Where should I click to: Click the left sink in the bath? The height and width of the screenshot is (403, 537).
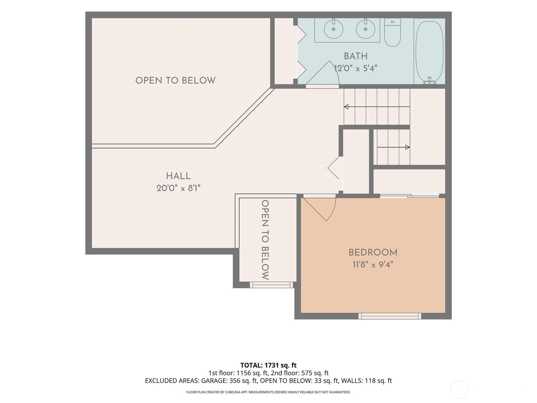[x=334, y=29]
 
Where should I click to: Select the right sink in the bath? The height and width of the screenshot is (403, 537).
[x=365, y=29]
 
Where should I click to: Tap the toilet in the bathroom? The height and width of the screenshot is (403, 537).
[x=392, y=32]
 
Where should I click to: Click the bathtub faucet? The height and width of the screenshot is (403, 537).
[x=429, y=81]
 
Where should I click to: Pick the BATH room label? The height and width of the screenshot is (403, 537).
[x=356, y=56]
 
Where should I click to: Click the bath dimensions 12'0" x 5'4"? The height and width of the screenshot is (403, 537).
[x=355, y=68]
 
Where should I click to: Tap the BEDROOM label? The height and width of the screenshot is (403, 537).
[x=373, y=253]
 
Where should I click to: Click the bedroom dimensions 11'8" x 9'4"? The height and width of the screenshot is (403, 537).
[x=373, y=265]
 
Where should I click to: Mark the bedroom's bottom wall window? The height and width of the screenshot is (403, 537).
[x=390, y=316]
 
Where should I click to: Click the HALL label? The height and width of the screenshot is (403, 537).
[x=178, y=176]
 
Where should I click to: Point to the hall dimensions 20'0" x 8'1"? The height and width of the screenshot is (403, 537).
[x=178, y=188]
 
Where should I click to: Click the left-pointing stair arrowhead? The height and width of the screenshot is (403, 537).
[x=346, y=107]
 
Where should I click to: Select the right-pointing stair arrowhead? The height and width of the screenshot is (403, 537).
[x=407, y=147]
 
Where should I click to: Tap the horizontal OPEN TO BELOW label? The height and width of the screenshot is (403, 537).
[x=176, y=81]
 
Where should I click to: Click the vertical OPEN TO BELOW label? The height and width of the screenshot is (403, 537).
[x=265, y=240]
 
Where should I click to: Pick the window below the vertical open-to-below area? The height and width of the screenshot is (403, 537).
[x=271, y=285]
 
